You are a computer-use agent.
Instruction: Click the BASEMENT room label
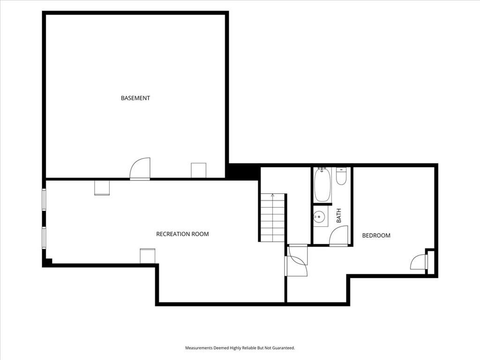coord(135,98)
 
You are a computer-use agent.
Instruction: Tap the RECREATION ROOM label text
coord(182,234)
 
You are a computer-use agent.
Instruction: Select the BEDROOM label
coord(376,235)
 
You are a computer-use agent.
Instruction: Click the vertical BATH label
coord(338,216)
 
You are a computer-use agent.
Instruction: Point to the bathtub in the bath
coord(322,185)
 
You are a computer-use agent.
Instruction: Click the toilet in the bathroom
coord(341,176)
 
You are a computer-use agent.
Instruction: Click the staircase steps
coord(272,217)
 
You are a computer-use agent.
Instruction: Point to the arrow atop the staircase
coord(272,195)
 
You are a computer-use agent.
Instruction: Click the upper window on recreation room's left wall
coord(44,200)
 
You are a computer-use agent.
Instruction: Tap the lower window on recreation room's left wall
coord(44,237)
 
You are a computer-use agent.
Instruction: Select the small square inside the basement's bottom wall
coord(199,170)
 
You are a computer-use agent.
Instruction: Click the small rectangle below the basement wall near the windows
coord(102,187)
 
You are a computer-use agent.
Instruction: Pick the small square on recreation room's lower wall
coord(148,256)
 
